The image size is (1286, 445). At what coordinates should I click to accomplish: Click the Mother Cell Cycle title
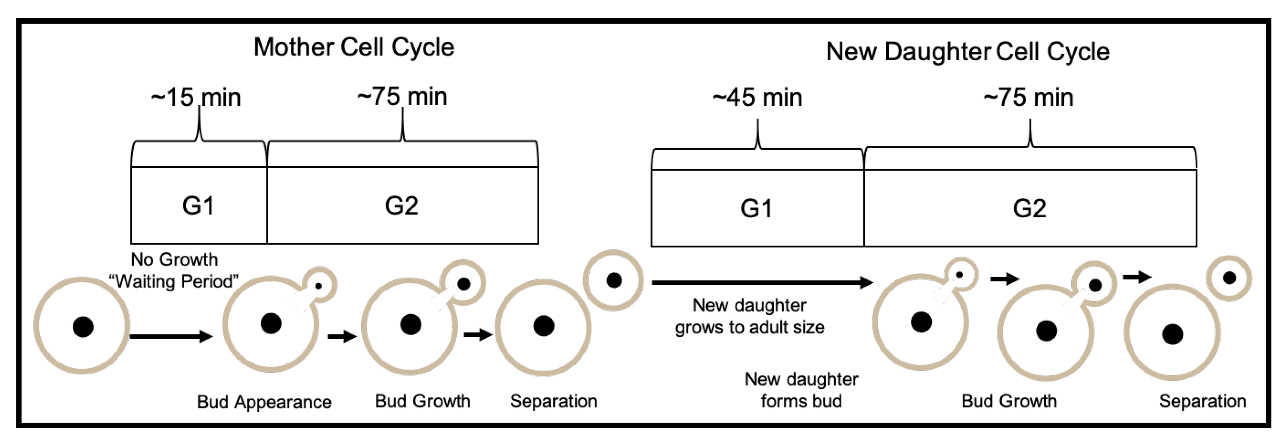353,47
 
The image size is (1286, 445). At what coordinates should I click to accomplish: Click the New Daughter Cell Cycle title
967,52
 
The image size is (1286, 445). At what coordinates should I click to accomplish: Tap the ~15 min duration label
196,97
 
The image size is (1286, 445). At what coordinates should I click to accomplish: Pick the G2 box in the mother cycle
402,206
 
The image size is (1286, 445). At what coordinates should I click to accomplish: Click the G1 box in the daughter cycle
756,208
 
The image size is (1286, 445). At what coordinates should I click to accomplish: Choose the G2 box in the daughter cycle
1029,208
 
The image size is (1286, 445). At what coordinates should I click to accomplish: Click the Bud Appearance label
264,402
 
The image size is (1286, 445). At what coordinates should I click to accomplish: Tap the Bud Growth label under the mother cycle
422,401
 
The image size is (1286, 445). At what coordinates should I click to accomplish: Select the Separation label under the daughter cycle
1202,401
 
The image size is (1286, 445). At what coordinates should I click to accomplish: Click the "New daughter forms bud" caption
801,389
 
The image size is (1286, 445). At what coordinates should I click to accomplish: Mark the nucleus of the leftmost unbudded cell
83,327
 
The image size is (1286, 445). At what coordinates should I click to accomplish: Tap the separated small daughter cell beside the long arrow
614,280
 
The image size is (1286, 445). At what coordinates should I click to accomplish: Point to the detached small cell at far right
1229,278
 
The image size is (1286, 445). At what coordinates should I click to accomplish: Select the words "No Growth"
174,259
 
